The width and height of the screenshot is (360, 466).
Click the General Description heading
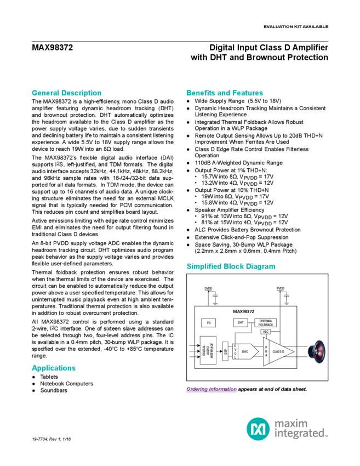pyautogui.click(x=66, y=93)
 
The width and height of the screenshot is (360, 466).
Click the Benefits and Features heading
pyautogui.click(x=225, y=93)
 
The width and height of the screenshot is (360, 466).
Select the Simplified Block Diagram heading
pyautogui.click(x=231, y=266)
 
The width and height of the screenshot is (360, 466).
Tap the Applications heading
pyautogui.click(x=54, y=368)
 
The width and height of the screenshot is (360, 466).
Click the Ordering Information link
pyautogui.click(x=212, y=389)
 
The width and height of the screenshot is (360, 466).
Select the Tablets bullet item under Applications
pyautogui.click(x=50, y=377)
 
